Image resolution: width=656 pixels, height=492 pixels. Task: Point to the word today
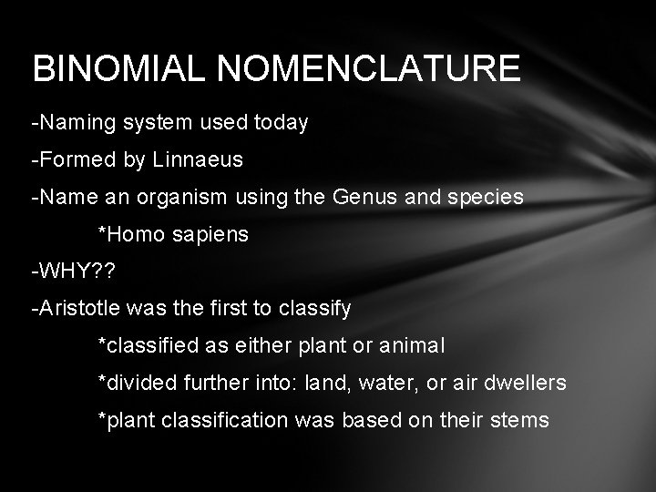click(283, 121)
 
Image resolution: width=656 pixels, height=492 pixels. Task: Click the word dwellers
click(523, 384)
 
